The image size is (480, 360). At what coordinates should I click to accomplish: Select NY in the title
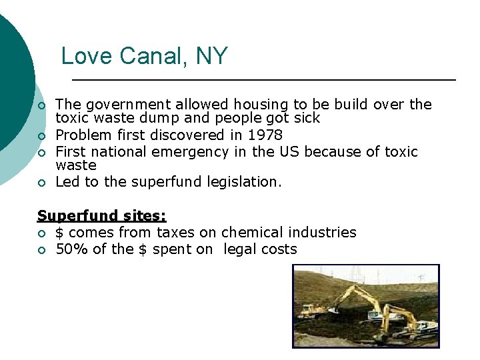[212, 56]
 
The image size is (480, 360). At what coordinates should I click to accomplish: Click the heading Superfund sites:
[101, 216]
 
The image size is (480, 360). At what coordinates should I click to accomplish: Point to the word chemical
[251, 233]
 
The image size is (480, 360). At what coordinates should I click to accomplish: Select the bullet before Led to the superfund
[41, 183]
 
